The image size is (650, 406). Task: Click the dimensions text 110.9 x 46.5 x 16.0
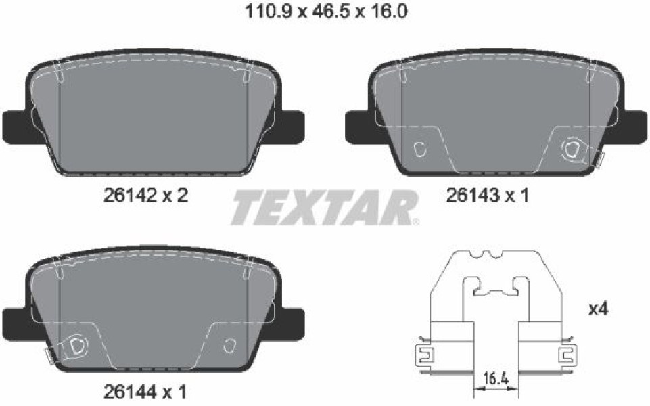coord(326,12)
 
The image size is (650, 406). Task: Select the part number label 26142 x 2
coord(145,194)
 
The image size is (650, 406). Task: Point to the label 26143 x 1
coord(488,195)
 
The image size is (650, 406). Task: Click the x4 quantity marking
coord(598,309)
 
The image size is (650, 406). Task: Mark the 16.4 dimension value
coord(496,378)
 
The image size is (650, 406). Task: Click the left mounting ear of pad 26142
coord(17,127)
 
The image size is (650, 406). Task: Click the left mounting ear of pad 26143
coord(359,127)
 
